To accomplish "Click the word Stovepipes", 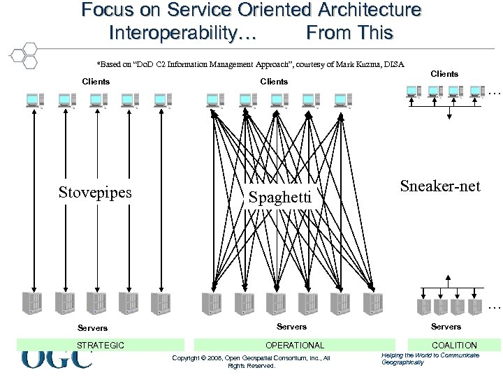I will tap(95, 192).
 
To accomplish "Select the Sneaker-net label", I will tap(440, 186).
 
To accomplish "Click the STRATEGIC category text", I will tap(101, 345).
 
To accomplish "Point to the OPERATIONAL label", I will tap(295, 345).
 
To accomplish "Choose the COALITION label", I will tap(454, 345).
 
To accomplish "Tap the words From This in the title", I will tap(349, 32).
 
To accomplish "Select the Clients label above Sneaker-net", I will tap(444, 74).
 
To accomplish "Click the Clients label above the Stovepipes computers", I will tap(96, 82).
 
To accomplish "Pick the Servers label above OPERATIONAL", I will tap(291, 327).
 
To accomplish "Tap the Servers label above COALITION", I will tap(446, 327).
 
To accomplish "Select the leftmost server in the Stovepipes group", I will tap(32, 302).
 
